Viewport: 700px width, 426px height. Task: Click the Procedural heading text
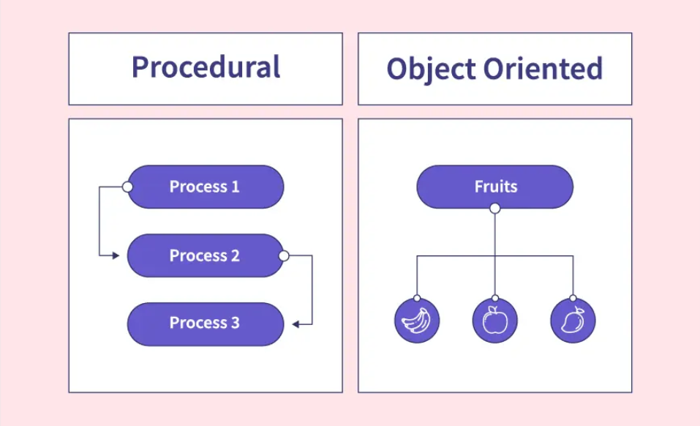point(206,67)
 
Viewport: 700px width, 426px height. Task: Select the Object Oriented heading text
point(494,69)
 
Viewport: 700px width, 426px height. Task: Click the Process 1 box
point(205,187)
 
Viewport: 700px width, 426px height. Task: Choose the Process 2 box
point(205,255)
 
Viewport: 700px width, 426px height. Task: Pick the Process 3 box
point(205,324)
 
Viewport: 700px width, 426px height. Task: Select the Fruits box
point(495,187)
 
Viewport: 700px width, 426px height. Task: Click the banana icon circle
point(417,321)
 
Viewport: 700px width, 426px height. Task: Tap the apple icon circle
point(495,321)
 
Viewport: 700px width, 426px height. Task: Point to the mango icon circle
point(573,321)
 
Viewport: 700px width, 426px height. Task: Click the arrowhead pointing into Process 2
point(116,255)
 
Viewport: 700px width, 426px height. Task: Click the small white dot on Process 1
point(127,187)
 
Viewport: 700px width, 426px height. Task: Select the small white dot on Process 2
point(284,256)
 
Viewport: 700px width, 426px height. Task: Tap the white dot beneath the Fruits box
point(495,209)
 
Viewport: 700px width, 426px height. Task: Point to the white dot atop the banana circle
point(417,299)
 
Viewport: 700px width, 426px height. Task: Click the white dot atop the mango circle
point(573,299)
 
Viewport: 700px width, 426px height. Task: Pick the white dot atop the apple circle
point(495,299)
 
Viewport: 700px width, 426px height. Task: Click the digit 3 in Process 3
point(235,323)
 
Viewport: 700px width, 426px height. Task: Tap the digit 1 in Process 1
point(235,187)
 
